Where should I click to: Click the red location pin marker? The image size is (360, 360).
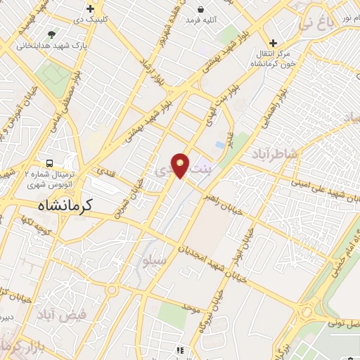point(181,165)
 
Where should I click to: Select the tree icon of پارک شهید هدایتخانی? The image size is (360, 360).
point(51,33)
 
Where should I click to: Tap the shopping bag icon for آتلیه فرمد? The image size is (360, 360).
point(202,10)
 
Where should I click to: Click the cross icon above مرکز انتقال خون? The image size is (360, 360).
point(274,44)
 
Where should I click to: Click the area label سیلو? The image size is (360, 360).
point(155,261)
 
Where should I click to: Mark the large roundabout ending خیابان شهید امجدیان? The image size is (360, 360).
point(307,312)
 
